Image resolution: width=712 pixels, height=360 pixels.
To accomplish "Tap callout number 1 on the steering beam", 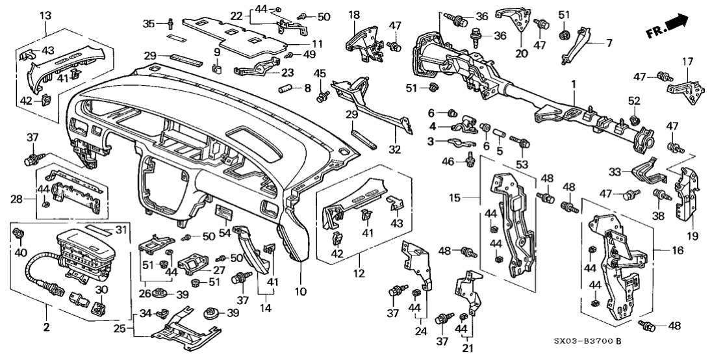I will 573,85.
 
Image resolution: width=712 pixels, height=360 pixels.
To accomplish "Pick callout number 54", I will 225,232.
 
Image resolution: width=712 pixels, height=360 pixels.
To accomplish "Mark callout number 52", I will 634,101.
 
